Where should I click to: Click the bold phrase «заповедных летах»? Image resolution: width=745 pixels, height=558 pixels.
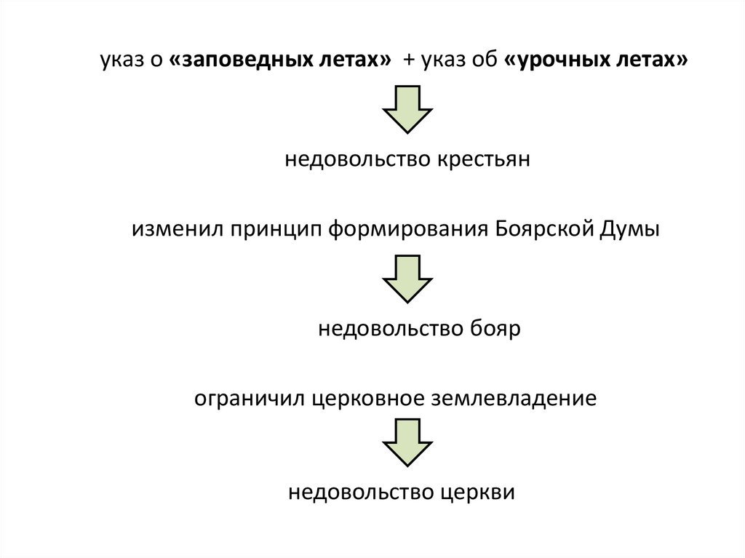279,62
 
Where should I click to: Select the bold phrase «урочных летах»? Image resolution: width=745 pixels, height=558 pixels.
594,62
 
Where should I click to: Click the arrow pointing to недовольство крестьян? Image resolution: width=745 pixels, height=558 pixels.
407,108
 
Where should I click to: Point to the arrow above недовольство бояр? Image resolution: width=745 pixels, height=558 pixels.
407,278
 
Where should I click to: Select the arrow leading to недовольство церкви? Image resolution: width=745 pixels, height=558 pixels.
407,442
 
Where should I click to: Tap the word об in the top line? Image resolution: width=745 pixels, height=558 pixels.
484,63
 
